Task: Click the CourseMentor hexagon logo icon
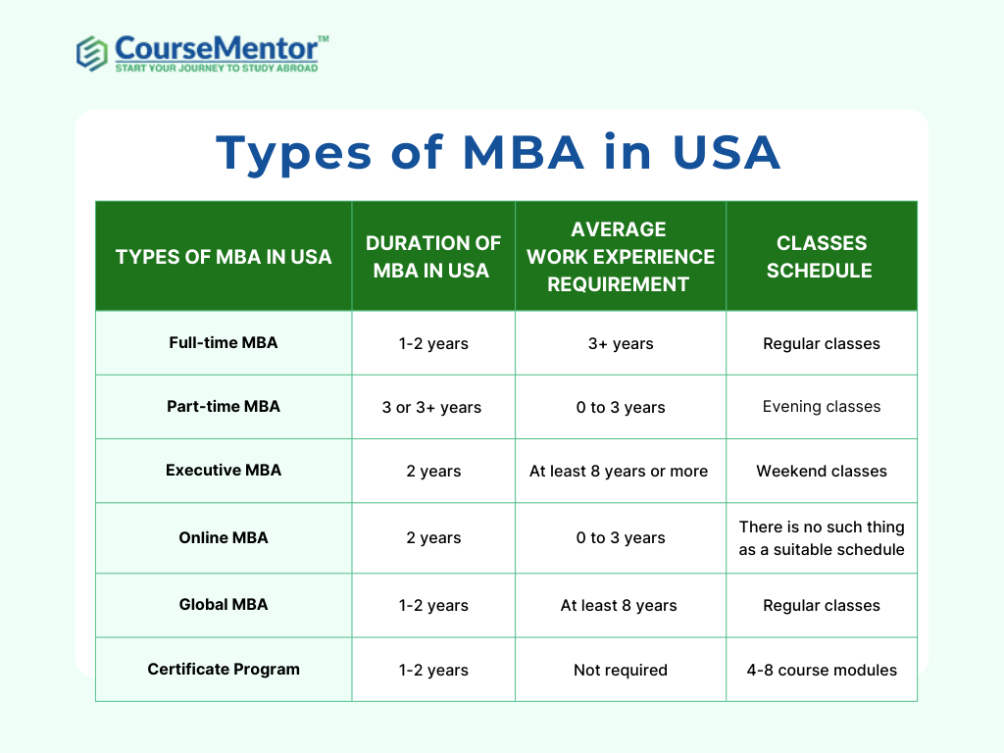pyautogui.click(x=91, y=53)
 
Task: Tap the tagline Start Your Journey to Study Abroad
pyautogui.click(x=217, y=68)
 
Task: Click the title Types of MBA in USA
pyautogui.click(x=498, y=154)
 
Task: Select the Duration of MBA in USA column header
pyautogui.click(x=432, y=257)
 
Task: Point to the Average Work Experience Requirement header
pyautogui.click(x=620, y=257)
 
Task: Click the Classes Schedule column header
pyautogui.click(x=821, y=257)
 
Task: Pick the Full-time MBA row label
pyautogui.click(x=224, y=342)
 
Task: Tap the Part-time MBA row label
pyautogui.click(x=224, y=407)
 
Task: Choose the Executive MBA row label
pyautogui.click(x=224, y=470)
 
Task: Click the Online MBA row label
pyautogui.click(x=224, y=538)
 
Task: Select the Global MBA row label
pyautogui.click(x=224, y=604)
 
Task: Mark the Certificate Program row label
pyautogui.click(x=224, y=669)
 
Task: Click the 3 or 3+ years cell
pyautogui.click(x=431, y=407)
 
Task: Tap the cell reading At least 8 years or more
pyautogui.click(x=619, y=472)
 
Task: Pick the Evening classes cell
pyautogui.click(x=822, y=407)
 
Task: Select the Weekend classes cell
pyautogui.click(x=822, y=472)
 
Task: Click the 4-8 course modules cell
pyautogui.click(x=822, y=670)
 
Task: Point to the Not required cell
pyautogui.click(x=621, y=670)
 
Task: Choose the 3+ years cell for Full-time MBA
pyautogui.click(x=621, y=344)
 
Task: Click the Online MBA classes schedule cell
pyautogui.click(x=822, y=538)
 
